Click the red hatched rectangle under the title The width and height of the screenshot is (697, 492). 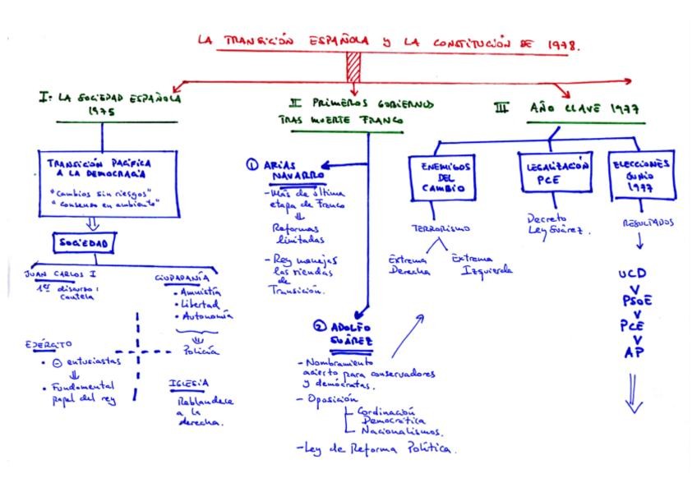(354, 67)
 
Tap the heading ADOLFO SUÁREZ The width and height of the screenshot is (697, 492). (344, 333)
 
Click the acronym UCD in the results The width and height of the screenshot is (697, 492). (633, 274)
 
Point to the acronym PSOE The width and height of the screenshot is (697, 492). (633, 301)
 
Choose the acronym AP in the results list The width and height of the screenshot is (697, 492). (634, 353)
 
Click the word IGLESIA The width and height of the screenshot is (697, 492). (189, 382)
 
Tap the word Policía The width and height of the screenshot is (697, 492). (200, 351)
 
